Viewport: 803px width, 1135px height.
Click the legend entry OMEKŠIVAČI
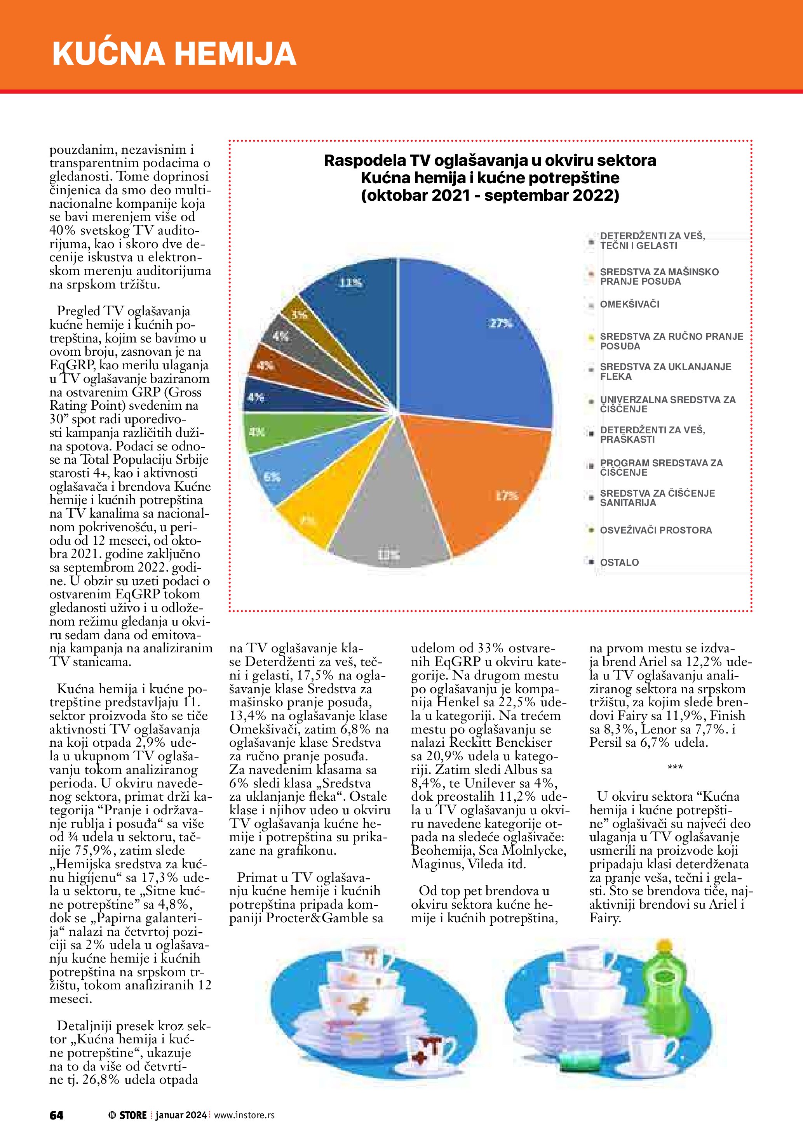[x=629, y=304]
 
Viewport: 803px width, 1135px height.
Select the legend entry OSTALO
[x=619, y=563]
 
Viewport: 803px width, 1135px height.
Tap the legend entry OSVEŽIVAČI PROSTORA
[x=656, y=530]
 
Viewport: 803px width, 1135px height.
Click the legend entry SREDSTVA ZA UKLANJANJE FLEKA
[x=665, y=372]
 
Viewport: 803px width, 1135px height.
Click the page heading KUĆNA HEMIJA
[x=174, y=53]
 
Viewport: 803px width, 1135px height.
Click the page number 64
[x=56, y=1115]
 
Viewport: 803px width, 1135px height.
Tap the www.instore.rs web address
[x=244, y=1115]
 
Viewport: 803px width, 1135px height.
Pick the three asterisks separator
[x=675, y=768]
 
